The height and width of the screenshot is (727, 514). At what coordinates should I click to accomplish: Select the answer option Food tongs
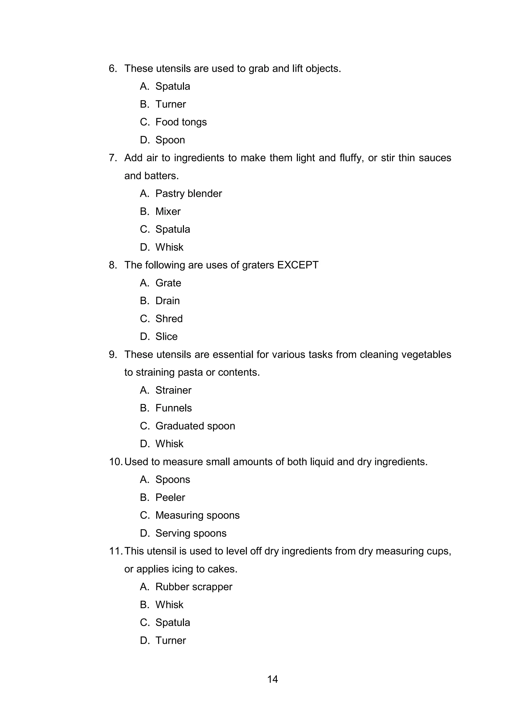tap(181, 122)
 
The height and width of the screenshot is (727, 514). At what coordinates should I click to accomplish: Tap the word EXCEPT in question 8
tap(297, 265)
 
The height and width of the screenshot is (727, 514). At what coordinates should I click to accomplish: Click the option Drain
tap(167, 301)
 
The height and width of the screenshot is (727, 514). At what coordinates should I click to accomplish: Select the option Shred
tap(169, 319)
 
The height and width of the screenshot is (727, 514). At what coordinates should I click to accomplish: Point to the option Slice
tap(166, 337)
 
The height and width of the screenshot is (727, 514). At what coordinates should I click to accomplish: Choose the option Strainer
tap(173, 390)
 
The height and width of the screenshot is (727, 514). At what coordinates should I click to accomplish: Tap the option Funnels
tap(173, 408)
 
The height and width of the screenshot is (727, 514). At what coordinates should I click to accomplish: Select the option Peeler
tap(170, 498)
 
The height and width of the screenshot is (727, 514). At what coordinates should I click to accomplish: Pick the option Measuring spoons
tap(197, 515)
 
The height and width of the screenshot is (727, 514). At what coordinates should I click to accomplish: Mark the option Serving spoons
tap(191, 533)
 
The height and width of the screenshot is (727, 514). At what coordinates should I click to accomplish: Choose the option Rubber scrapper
tap(194, 587)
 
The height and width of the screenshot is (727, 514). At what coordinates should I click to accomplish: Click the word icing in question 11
tap(183, 569)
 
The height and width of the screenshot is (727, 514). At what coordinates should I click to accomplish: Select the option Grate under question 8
tap(168, 283)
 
